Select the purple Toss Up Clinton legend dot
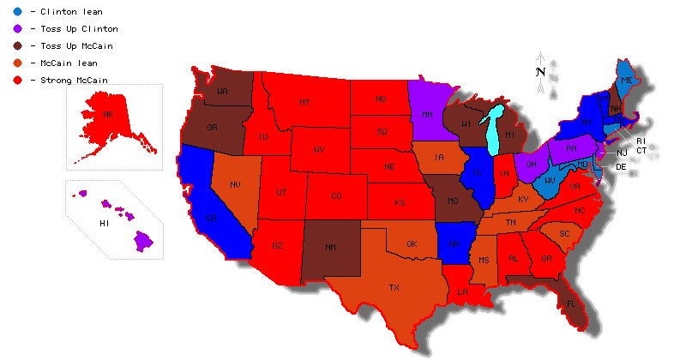(17, 29)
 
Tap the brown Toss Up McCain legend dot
(17, 46)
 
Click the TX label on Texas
(394, 287)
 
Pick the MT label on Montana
(304, 103)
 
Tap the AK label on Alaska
(108, 114)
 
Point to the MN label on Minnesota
(426, 113)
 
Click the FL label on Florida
(570, 303)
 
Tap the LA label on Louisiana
(462, 291)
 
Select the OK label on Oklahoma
(412, 243)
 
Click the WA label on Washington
(222, 90)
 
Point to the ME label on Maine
(627, 80)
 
